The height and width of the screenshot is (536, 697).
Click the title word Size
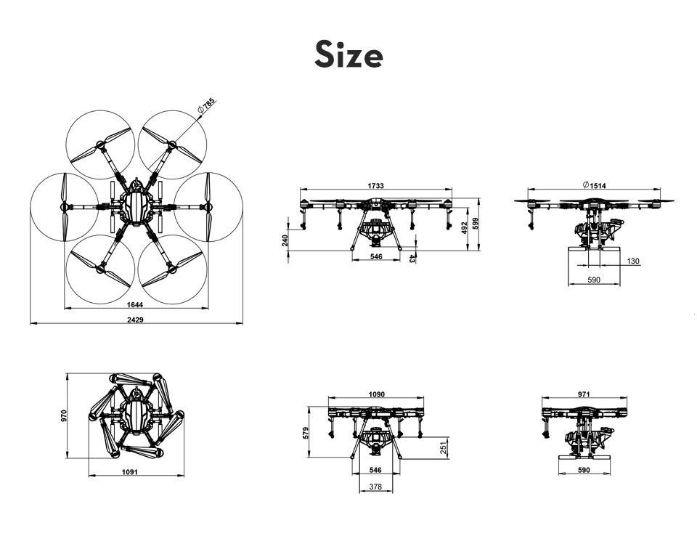[348, 54]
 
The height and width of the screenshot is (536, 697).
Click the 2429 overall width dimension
[136, 320]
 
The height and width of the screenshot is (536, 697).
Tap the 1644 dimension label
[135, 305]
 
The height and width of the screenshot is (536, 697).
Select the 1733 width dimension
[375, 186]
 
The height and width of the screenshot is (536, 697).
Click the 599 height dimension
[475, 224]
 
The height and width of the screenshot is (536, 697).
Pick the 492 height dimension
[464, 228]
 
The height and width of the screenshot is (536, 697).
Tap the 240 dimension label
[285, 240]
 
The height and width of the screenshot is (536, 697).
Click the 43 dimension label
[412, 258]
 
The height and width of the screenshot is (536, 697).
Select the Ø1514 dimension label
[594, 185]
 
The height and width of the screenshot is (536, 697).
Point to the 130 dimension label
[633, 261]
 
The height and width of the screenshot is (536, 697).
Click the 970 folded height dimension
[64, 416]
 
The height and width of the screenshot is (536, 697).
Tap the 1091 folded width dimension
[130, 472]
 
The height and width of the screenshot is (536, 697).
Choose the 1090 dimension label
[377, 394]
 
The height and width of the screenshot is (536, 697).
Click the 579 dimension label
[306, 433]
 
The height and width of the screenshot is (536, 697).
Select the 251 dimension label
[443, 447]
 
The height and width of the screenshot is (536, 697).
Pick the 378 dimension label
[375, 487]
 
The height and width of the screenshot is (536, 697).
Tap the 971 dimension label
[584, 394]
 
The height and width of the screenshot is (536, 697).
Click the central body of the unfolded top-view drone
[136, 207]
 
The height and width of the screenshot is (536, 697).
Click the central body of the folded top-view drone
[136, 415]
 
